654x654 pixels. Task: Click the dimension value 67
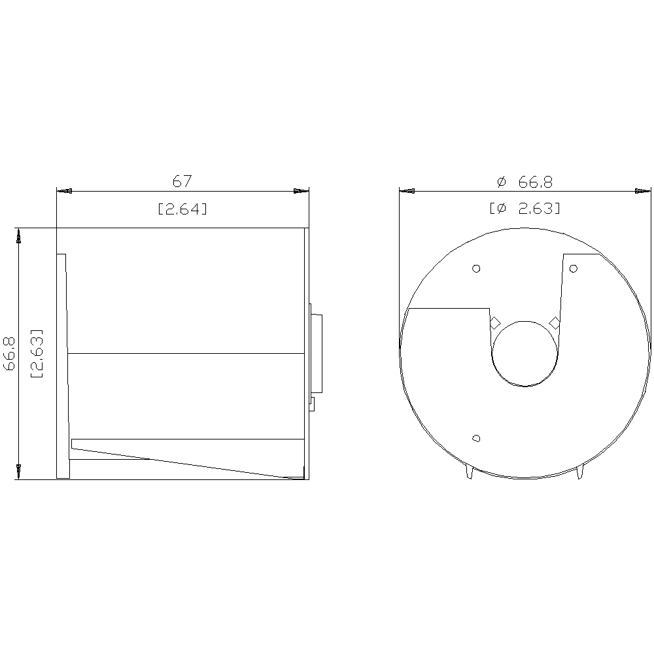[182, 181]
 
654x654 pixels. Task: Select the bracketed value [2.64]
[182, 209]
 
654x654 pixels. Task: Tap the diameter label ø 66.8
[525, 182]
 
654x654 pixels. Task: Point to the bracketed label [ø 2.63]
[525, 208]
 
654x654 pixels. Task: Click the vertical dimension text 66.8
[9, 353]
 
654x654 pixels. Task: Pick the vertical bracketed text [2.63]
[37, 353]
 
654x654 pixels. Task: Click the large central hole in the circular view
[525, 354]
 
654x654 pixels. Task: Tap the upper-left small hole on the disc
[476, 268]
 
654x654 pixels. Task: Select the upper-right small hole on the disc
[573, 268]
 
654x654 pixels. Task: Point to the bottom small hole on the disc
[476, 438]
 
